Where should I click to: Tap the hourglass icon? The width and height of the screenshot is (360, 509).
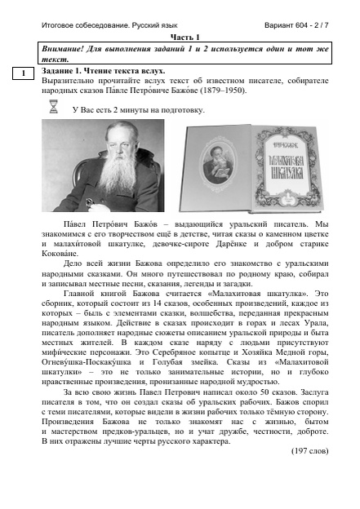[55, 108]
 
